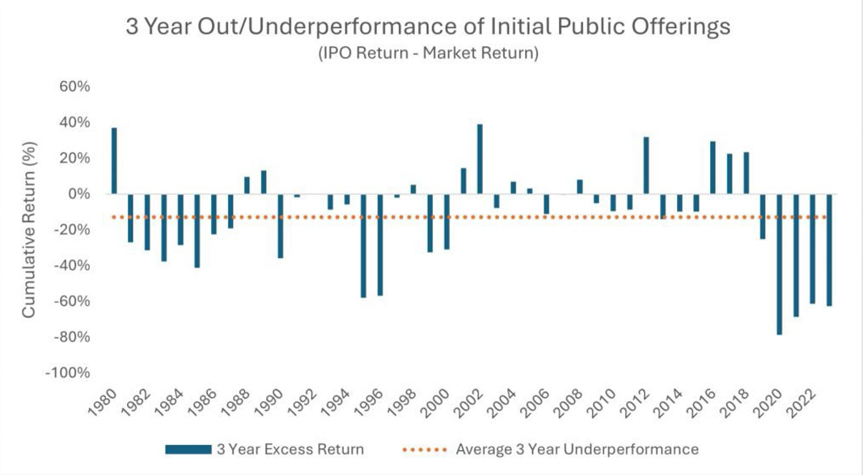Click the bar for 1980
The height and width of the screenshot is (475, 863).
[114, 161]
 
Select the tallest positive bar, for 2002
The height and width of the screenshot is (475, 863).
[480, 159]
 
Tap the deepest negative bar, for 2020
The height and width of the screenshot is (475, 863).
[780, 264]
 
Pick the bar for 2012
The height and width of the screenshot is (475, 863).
[646, 165]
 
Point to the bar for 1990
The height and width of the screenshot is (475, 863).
[280, 226]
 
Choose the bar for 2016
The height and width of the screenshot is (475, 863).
[713, 168]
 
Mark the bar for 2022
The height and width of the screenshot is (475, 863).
[812, 248]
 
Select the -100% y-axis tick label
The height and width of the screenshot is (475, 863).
[67, 372]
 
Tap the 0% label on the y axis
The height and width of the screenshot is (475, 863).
[79, 193]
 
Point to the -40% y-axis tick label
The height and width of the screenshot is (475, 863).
[71, 265]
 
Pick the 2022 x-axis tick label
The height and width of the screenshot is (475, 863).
[802, 405]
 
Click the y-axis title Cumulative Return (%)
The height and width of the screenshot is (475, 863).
[29, 230]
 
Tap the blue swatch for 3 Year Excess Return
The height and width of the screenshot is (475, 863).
[188, 450]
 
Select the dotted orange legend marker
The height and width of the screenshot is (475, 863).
[425, 450]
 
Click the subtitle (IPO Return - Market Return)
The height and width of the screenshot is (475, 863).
[428, 53]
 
